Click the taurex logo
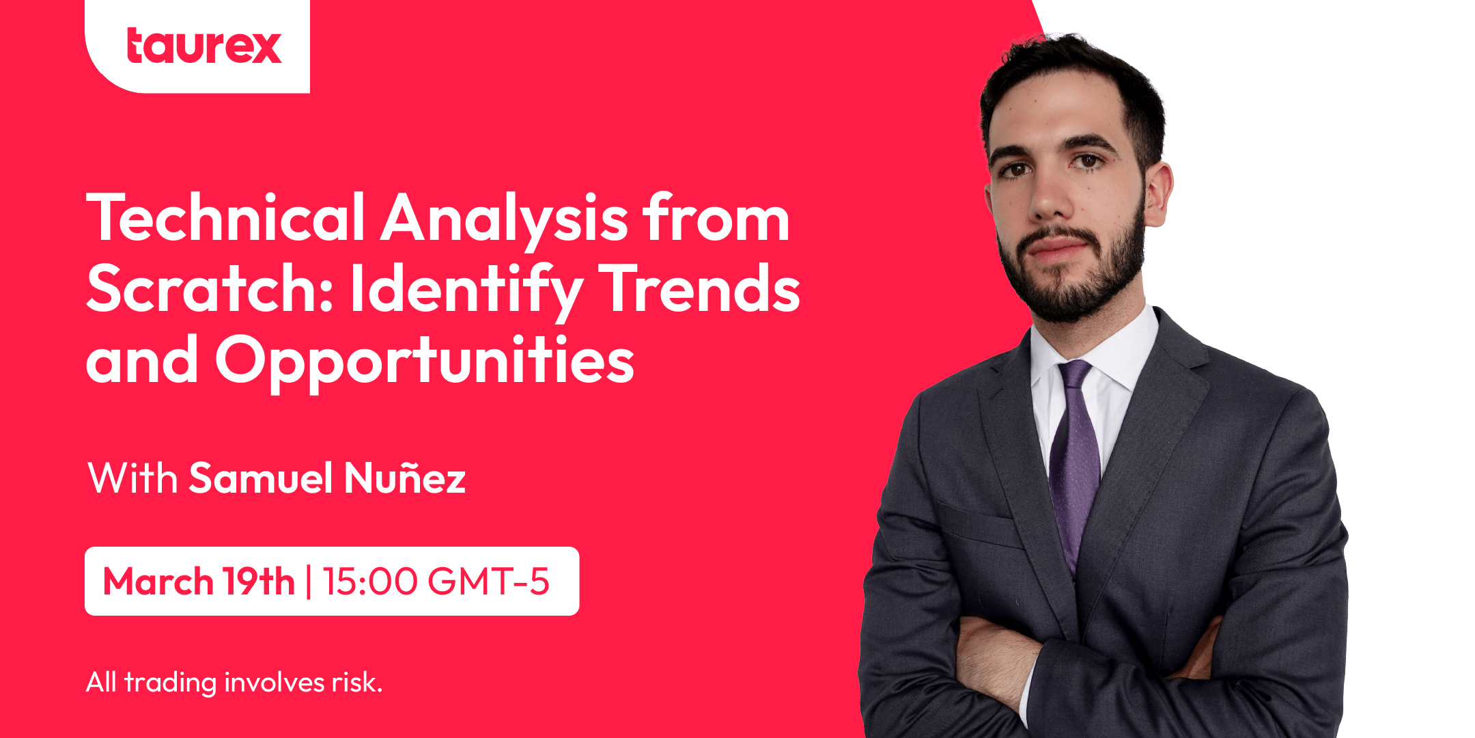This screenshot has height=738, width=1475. click(203, 46)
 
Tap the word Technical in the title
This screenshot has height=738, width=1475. click(225, 219)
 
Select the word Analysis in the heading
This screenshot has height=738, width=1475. click(504, 219)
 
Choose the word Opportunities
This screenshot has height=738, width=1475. click(425, 361)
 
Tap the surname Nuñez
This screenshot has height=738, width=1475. click(405, 478)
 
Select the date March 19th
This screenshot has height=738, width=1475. click(198, 582)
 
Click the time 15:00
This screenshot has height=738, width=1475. click(369, 582)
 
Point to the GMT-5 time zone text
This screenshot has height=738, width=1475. click(488, 582)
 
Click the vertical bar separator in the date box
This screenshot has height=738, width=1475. click(309, 582)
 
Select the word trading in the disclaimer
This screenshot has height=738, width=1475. click(170, 683)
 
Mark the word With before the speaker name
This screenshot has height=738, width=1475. click(132, 478)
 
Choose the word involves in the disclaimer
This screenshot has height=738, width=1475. click(275, 682)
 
